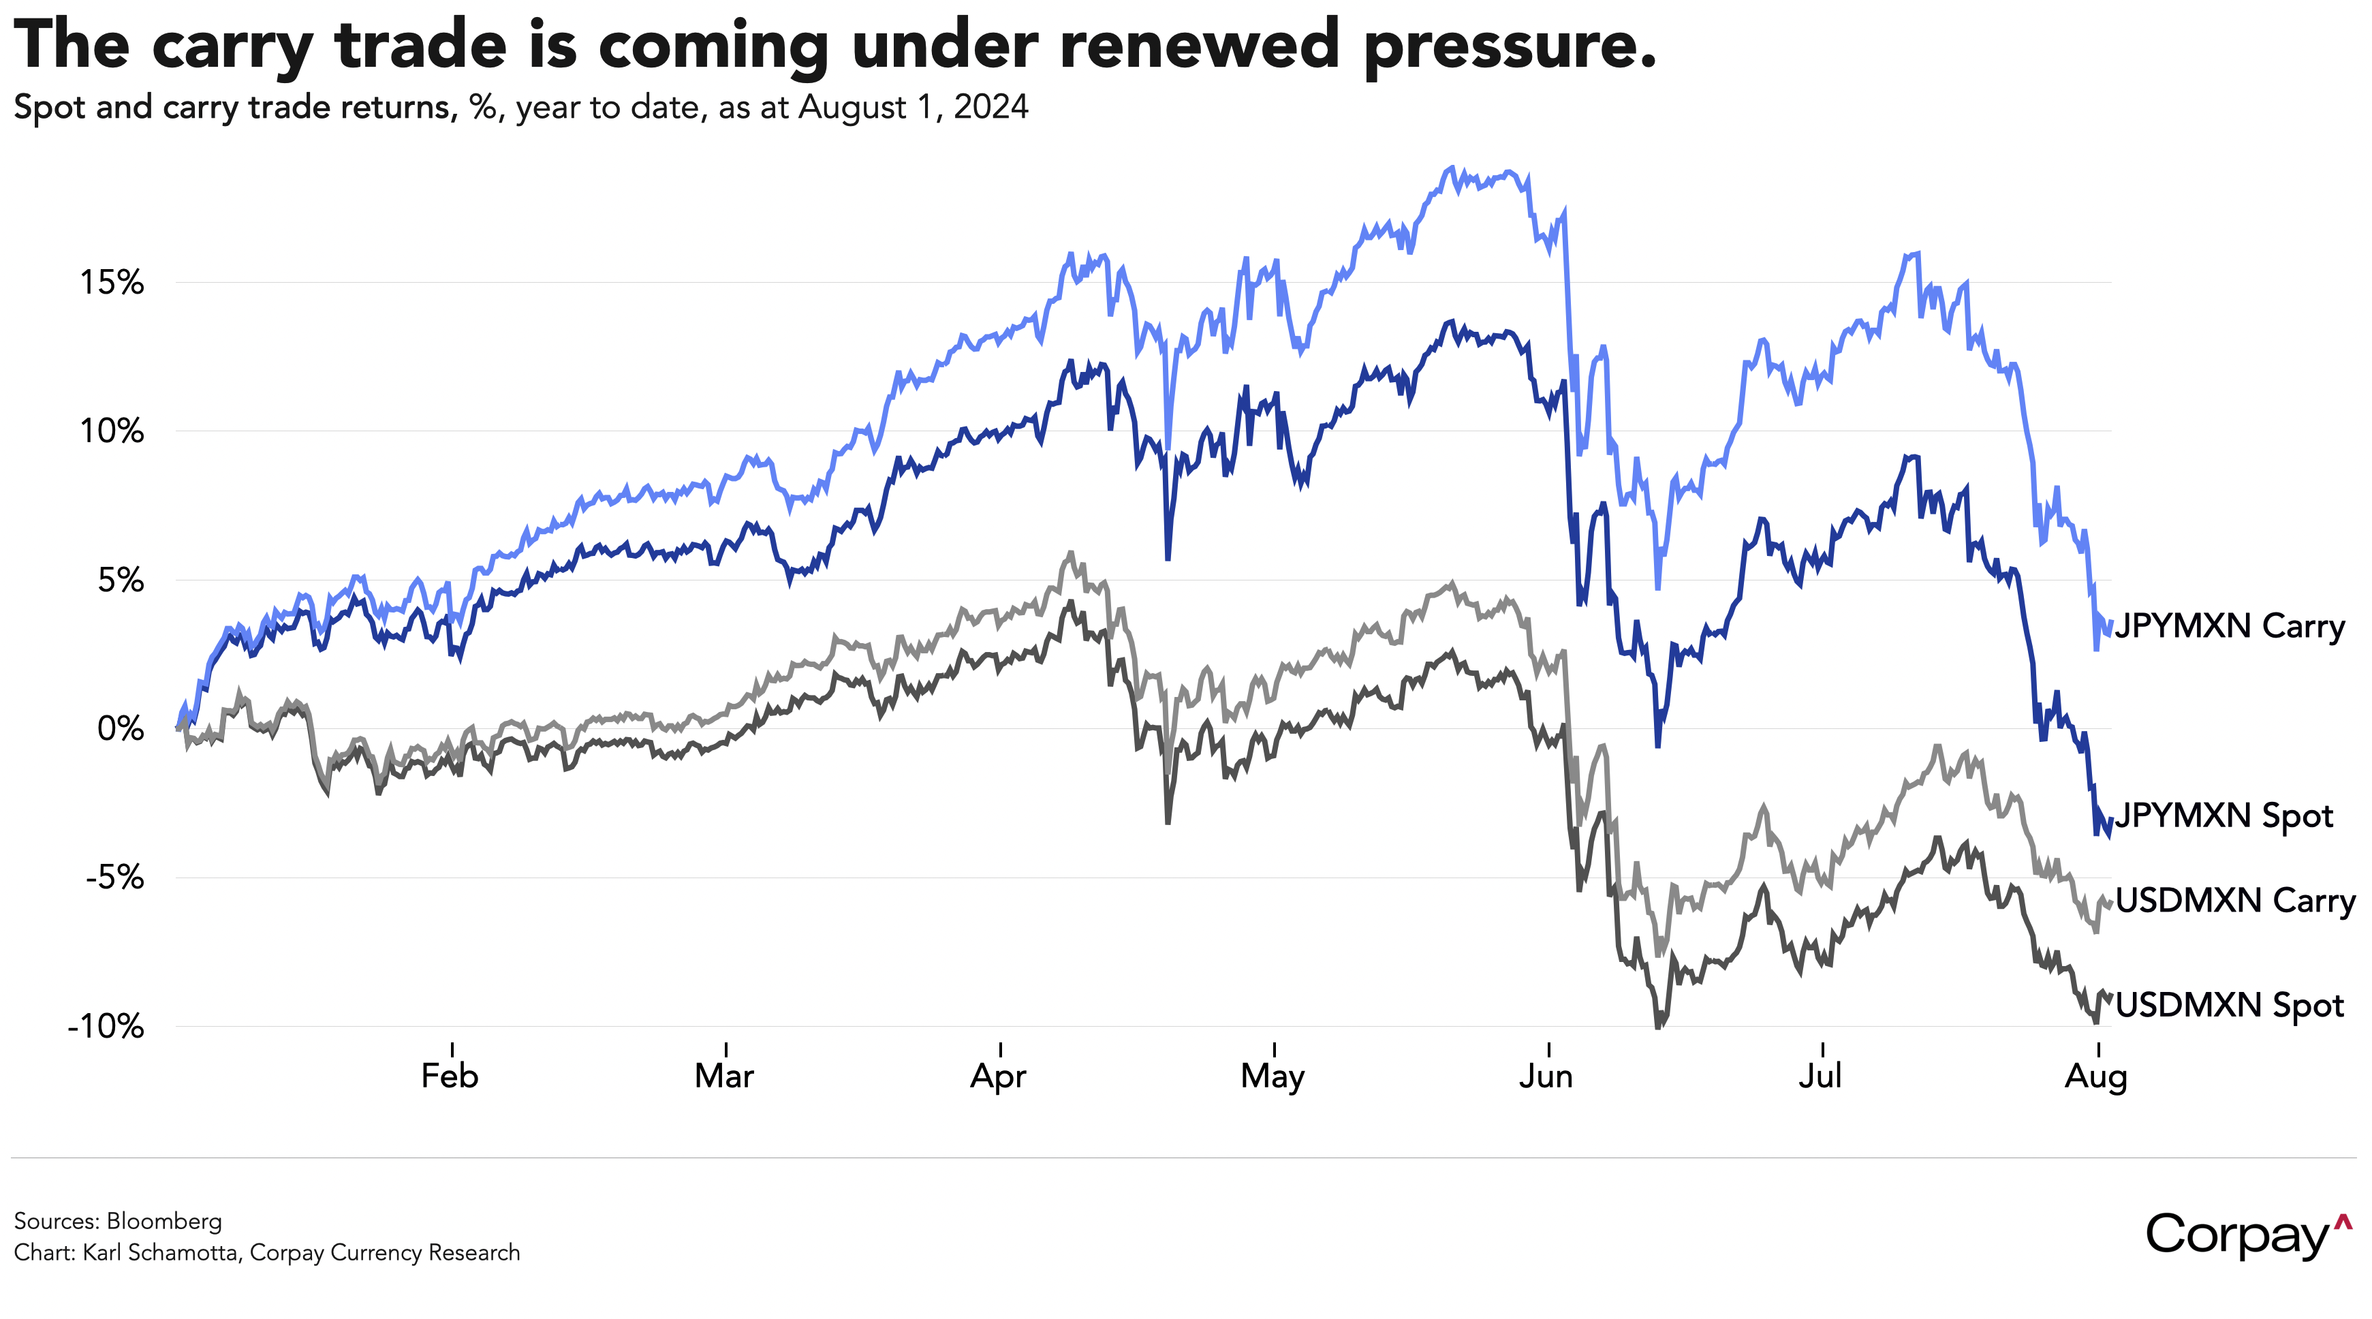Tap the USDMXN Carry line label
click(x=2235, y=900)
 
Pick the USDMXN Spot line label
click(x=2228, y=1005)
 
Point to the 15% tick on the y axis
click(x=112, y=282)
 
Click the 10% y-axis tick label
click(x=112, y=431)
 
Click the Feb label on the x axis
click(x=450, y=1076)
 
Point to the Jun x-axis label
click(x=1546, y=1076)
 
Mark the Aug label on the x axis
click(x=2095, y=1076)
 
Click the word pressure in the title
click(x=1510, y=46)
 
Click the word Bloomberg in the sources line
click(x=164, y=1222)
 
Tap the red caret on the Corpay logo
click(x=2343, y=1222)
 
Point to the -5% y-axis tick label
click(x=115, y=878)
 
